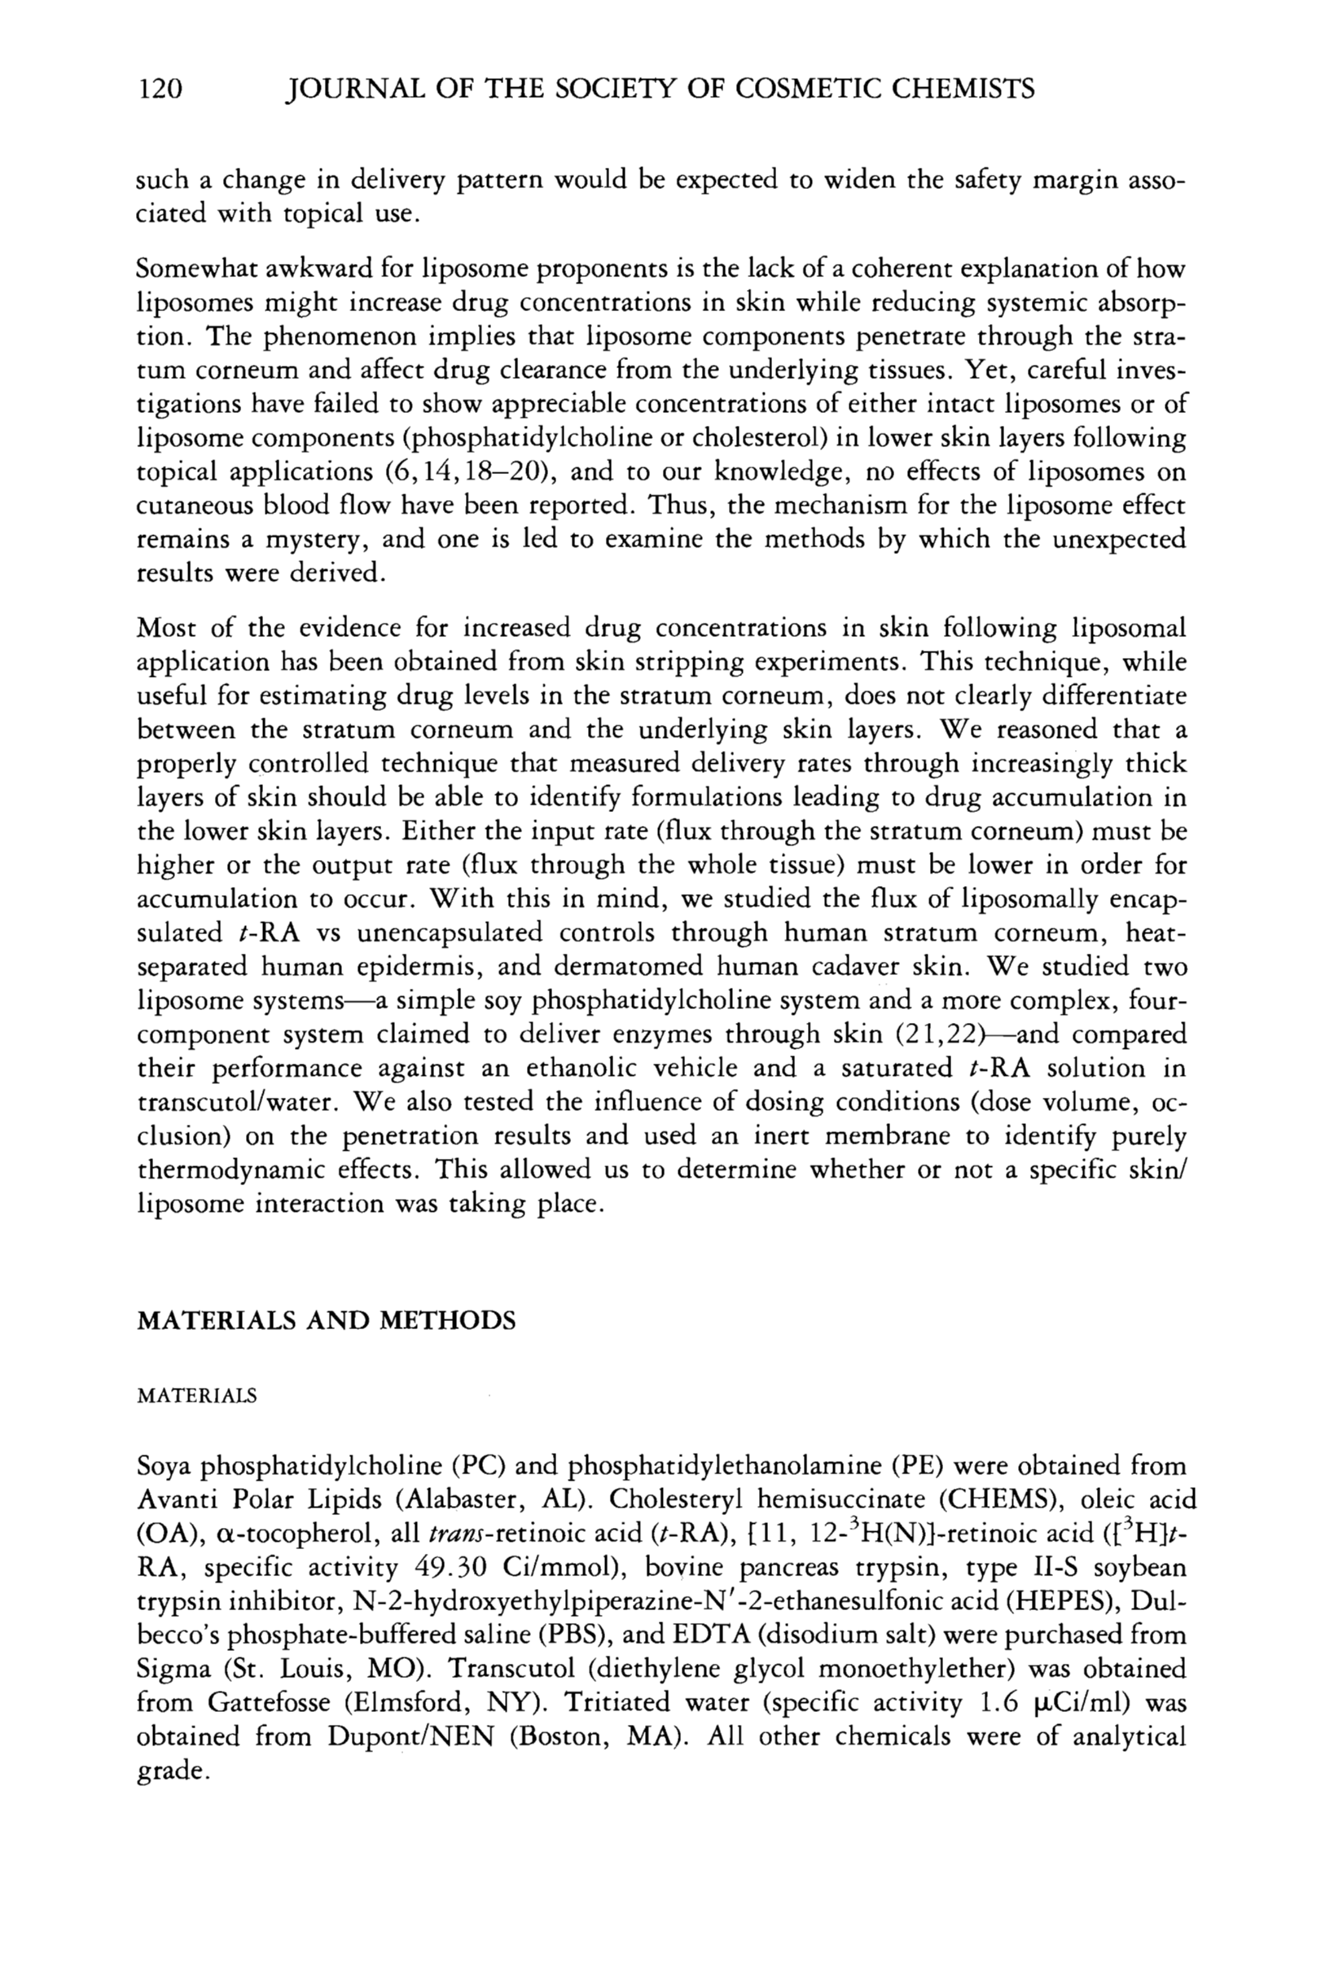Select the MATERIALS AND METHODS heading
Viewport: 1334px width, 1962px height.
click(x=326, y=1320)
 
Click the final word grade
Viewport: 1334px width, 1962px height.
click(x=171, y=1771)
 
